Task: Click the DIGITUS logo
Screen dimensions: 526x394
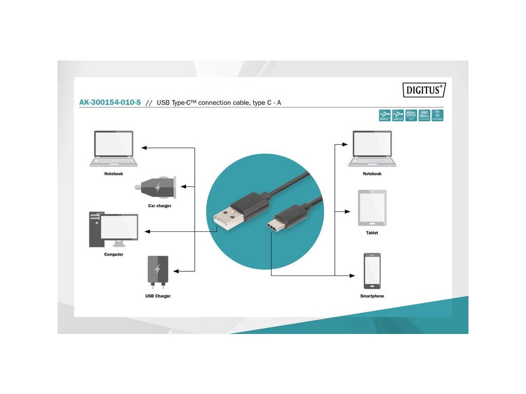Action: pos(423,90)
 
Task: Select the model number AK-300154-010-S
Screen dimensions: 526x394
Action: pos(110,103)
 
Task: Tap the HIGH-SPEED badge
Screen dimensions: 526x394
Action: pos(411,115)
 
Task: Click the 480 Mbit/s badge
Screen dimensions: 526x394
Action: pos(424,115)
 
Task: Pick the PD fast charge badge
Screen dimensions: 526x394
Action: pos(437,115)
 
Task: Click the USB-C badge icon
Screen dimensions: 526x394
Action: pos(385,115)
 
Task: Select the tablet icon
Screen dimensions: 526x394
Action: pos(372,208)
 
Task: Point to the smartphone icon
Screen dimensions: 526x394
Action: pos(372,271)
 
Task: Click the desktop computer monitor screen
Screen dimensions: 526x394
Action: pos(119,227)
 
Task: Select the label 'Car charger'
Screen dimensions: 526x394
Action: pos(160,206)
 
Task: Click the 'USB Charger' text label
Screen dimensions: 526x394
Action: pos(158,296)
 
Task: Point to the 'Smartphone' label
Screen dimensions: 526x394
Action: pos(372,296)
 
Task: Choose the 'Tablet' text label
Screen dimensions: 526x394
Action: pos(372,233)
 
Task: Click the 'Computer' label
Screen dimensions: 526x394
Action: pos(114,254)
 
